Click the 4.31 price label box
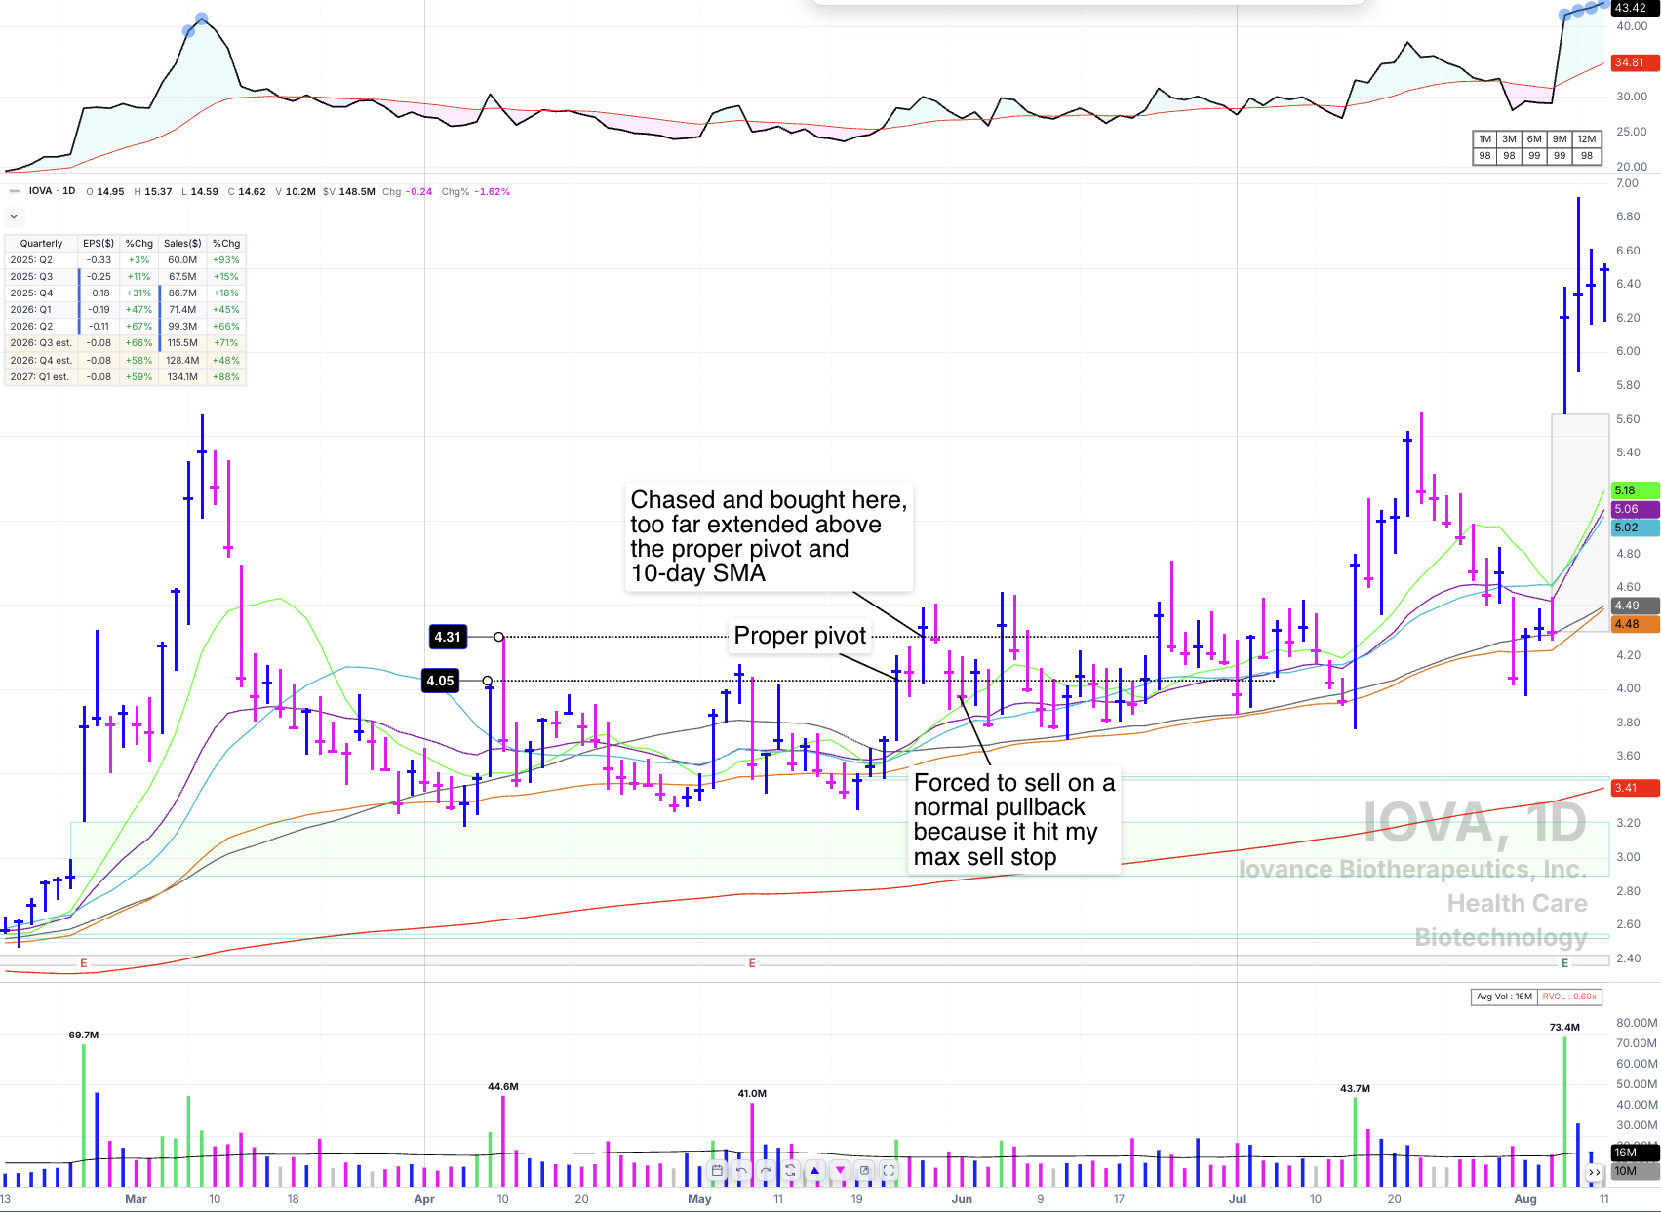[448, 637]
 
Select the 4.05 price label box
[440, 681]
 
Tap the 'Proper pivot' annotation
[800, 636]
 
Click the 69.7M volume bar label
[84, 1035]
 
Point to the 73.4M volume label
[1564, 1028]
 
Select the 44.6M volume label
[502, 1087]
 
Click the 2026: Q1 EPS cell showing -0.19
[99, 310]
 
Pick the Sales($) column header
[182, 243]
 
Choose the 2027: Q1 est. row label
[40, 376]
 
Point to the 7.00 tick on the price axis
[1628, 183]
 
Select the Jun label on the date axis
[962, 1199]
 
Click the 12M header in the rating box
[1586, 139]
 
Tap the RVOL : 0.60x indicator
[1569, 997]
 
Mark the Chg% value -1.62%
[492, 191]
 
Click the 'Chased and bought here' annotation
[769, 536]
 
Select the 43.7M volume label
[1355, 1089]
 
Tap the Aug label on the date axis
[1525, 1199]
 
